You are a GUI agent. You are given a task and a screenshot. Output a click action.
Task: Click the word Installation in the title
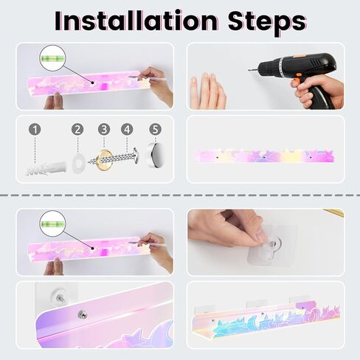136,21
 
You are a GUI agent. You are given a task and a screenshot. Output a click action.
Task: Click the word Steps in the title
267,23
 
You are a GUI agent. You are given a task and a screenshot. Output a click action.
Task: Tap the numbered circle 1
35,129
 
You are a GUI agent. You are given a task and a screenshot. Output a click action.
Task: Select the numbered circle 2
77,129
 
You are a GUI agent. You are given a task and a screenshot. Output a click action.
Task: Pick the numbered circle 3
104,129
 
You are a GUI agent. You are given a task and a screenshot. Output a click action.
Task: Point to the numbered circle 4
127,129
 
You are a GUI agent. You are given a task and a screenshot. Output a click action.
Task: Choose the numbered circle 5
155,129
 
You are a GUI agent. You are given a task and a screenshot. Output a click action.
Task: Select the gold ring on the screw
103,160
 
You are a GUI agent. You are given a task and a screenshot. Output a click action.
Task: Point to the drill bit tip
249,69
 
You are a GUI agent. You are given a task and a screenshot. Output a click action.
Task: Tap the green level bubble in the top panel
52,58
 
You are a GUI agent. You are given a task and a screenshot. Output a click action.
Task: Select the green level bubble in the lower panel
52,224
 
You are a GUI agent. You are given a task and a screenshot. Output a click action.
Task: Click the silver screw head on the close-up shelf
81,314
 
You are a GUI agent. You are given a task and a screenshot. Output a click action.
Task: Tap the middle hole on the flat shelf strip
264,157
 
